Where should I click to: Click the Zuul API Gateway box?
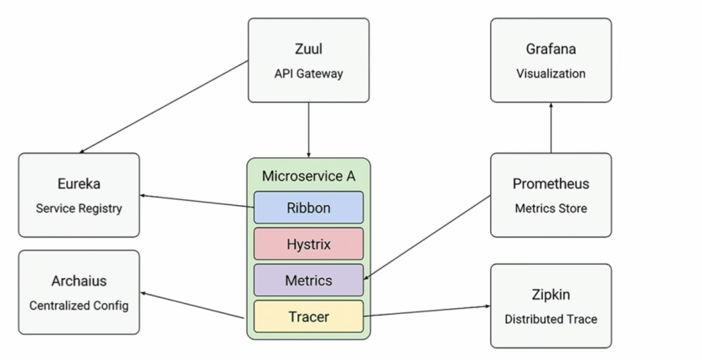[x=308, y=60]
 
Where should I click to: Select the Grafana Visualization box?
[x=550, y=60]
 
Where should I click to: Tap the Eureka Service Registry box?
[x=79, y=194]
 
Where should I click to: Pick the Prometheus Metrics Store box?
[x=550, y=194]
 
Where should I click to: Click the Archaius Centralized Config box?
[x=79, y=292]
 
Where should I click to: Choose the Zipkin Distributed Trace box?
[x=550, y=306]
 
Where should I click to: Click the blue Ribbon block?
[x=308, y=208]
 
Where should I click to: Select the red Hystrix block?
[x=308, y=244]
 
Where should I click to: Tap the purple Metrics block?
[x=308, y=280]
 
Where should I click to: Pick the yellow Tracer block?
[x=308, y=316]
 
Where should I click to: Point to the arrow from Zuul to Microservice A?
[x=309, y=130]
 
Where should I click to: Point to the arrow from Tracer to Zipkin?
[x=427, y=311]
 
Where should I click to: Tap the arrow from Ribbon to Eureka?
[x=197, y=201]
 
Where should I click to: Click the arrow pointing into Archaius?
[x=193, y=306]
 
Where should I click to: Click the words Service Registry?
[x=79, y=208]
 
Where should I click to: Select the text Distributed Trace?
[x=550, y=319]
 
